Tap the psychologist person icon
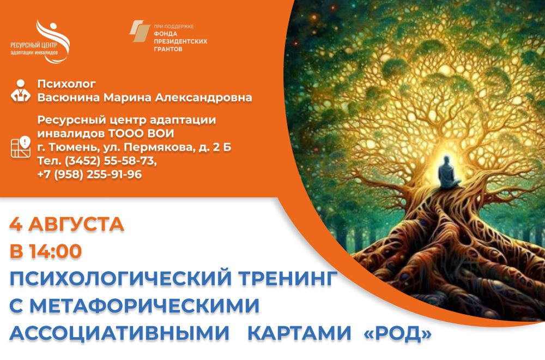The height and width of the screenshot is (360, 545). click(x=21, y=91)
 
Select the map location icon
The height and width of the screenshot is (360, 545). click(x=21, y=147)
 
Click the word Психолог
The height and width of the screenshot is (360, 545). click(x=66, y=84)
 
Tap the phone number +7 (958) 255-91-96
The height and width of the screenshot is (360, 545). click(x=89, y=174)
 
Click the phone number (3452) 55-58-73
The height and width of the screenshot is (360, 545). click(x=111, y=161)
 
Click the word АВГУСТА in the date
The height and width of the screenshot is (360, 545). click(x=76, y=224)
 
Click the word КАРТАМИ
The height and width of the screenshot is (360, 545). click(x=299, y=333)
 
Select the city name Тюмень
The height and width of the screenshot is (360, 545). click(x=72, y=147)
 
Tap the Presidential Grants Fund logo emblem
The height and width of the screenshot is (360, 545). click(x=140, y=31)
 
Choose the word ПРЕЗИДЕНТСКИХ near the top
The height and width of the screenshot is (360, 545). click(x=180, y=41)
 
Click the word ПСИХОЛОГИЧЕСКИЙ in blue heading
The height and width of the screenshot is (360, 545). click(x=120, y=278)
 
